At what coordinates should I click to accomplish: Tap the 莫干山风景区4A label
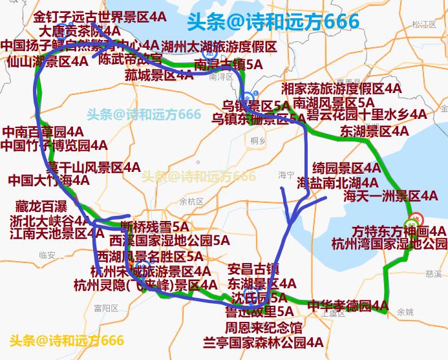[92, 167]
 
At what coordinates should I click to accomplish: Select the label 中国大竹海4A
[48, 180]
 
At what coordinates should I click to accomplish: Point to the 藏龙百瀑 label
[41, 207]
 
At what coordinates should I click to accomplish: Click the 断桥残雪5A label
[155, 227]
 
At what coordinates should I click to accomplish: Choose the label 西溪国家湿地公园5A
[169, 240]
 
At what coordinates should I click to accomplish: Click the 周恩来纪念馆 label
[263, 328]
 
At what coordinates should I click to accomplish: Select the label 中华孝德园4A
[347, 305]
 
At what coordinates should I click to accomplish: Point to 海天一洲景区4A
[390, 196]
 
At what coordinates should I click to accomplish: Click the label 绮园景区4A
[347, 168]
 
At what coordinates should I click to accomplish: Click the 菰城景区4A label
[159, 76]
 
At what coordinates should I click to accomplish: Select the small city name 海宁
[286, 175]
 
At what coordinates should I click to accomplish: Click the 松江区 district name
[425, 25]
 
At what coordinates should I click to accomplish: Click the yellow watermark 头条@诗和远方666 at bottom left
[67, 341]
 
